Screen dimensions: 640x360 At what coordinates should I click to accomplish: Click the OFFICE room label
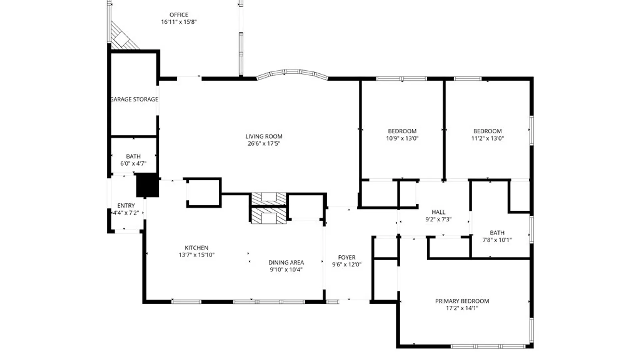[x=179, y=15]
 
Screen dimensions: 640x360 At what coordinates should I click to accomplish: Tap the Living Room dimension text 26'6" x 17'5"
[x=264, y=144]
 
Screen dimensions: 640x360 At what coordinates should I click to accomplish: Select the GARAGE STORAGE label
[x=134, y=99]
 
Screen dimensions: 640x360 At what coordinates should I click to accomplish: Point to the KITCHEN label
[x=196, y=248]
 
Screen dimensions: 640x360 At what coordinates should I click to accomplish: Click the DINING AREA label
[x=286, y=263]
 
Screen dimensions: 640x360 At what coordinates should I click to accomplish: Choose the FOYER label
[x=347, y=258]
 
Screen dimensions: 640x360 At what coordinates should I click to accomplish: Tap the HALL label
[x=438, y=212]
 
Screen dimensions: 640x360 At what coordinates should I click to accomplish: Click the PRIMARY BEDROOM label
[x=462, y=301]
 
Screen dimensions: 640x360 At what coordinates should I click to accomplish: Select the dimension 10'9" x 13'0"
[x=402, y=139]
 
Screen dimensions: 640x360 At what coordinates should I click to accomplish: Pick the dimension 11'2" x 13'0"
[x=487, y=139]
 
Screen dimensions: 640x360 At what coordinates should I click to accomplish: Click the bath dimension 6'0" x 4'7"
[x=133, y=164]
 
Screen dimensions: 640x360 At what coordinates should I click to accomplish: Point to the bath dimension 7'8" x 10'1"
[x=497, y=240]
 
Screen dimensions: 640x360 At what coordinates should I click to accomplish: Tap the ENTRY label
[x=126, y=206]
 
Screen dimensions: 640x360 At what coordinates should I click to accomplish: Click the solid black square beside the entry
[x=147, y=185]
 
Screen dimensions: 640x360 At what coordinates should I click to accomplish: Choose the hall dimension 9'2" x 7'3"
[x=438, y=220]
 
